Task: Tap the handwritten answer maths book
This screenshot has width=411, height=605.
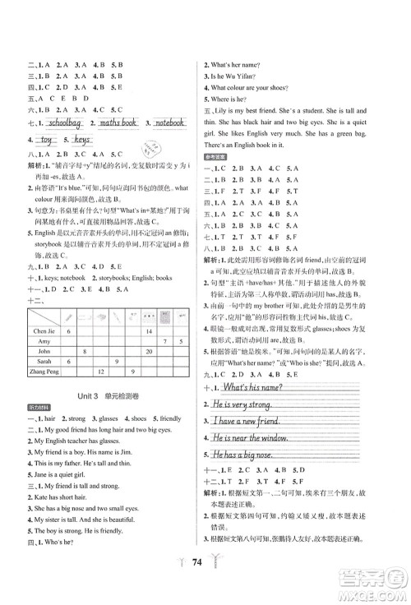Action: click(x=118, y=123)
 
